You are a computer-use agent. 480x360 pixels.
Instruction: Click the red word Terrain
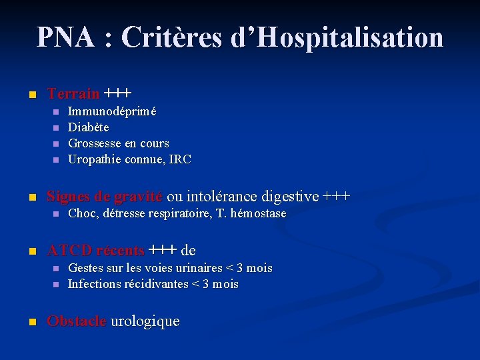pyautogui.click(x=73, y=93)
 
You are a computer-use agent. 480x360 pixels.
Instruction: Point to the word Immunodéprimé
pyautogui.click(x=112, y=111)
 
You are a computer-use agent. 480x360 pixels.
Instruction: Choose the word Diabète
pyautogui.click(x=89, y=127)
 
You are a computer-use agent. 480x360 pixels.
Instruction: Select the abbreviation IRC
pyautogui.click(x=179, y=159)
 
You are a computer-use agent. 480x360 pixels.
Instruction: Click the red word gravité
pyautogui.click(x=137, y=197)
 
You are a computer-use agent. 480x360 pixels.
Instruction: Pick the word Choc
pyautogui.click(x=82, y=213)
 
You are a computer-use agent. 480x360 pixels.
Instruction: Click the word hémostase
pyautogui.click(x=257, y=213)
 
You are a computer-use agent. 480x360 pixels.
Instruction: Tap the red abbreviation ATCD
pyautogui.click(x=69, y=251)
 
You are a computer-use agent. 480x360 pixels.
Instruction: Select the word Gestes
pyautogui.click(x=87, y=268)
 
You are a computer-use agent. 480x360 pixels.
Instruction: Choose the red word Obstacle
pyautogui.click(x=76, y=321)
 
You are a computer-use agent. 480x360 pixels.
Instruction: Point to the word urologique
pyautogui.click(x=145, y=321)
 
